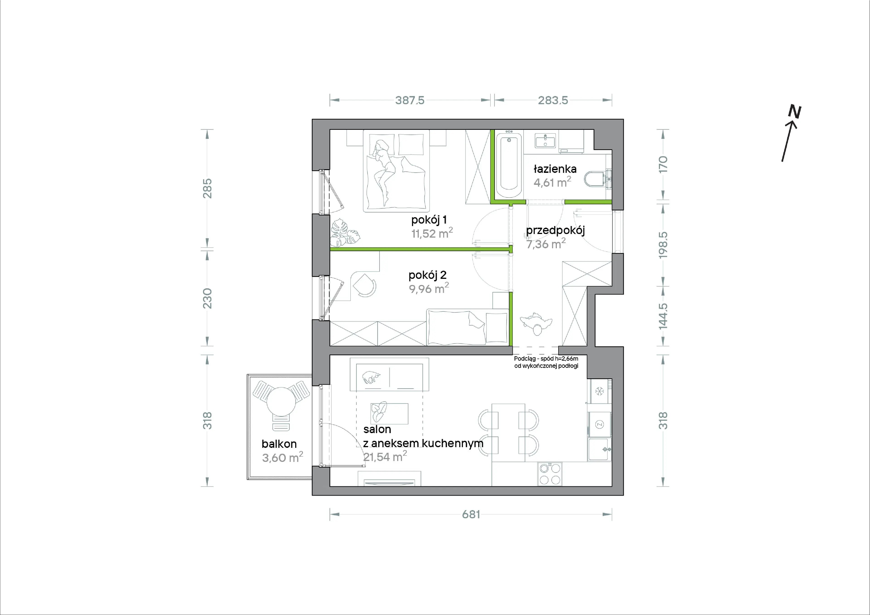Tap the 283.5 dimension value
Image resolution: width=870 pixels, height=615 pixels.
pyautogui.click(x=553, y=100)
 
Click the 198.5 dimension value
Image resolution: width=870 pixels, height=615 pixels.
pyautogui.click(x=663, y=245)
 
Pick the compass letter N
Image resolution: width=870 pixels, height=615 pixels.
pyautogui.click(x=795, y=112)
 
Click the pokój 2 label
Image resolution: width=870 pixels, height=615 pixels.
pyautogui.click(x=428, y=275)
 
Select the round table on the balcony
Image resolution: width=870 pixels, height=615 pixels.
pyautogui.click(x=281, y=402)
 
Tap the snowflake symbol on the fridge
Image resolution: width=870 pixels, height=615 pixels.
pyautogui.click(x=599, y=391)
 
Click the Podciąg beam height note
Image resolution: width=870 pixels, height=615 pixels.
pyautogui.click(x=546, y=362)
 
